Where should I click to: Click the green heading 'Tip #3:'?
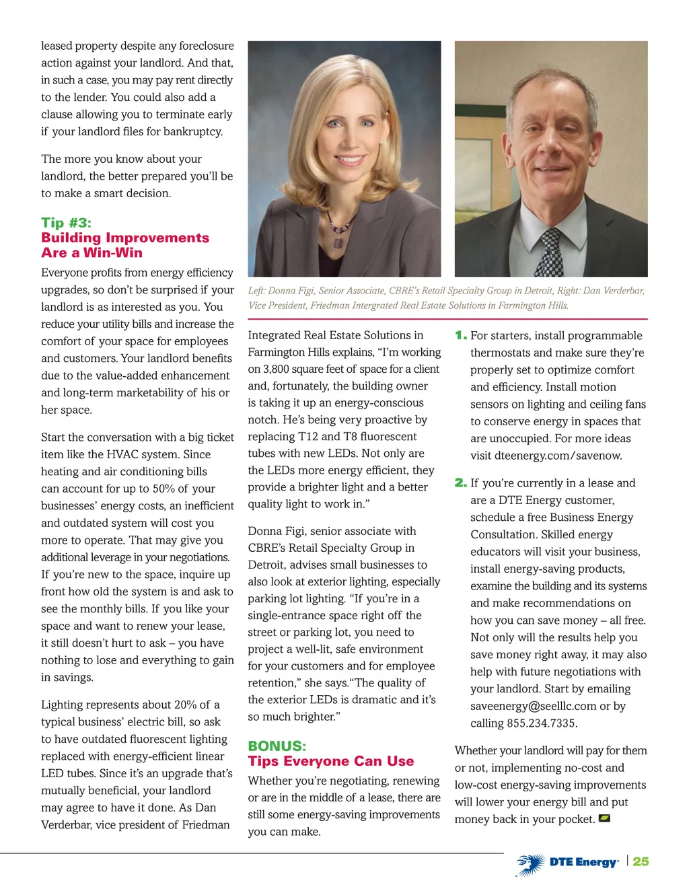66,223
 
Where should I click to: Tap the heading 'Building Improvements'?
125,238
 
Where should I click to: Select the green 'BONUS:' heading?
277,746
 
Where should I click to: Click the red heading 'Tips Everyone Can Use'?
331,761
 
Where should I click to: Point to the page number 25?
641,861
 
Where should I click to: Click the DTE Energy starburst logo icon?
531,864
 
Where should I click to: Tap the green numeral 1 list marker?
461,335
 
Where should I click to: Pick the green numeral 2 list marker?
461,482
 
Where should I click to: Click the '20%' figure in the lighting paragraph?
185,705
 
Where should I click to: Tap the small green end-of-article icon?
604,819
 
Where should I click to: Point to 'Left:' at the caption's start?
256,291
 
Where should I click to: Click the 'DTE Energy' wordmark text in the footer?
583,862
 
